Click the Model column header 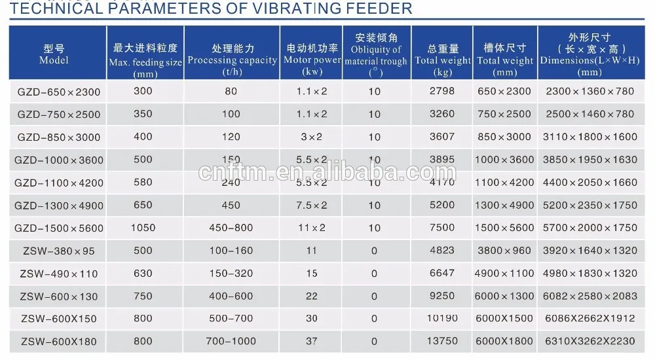click(54, 55)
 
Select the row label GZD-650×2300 click(59, 92)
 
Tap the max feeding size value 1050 click(143, 228)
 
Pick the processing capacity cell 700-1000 click(231, 341)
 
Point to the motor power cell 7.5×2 click(312, 205)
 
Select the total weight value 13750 click(441, 341)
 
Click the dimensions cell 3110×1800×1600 click(590, 137)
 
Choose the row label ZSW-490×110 click(58, 273)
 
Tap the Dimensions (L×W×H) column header click(589, 55)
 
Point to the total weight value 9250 click(441, 296)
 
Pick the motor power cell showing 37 click(311, 341)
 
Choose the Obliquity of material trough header click(375, 55)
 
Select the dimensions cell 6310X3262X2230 click(590, 341)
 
